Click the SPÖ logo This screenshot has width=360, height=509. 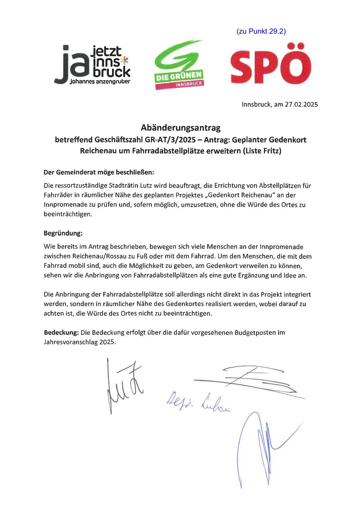[x=271, y=64]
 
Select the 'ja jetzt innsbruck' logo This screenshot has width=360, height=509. [x=92, y=65]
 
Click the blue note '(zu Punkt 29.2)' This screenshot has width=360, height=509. [x=261, y=32]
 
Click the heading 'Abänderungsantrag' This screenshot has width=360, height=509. [x=181, y=127]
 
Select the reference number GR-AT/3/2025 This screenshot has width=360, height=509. [x=170, y=140]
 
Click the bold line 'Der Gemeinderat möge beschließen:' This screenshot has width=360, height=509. [x=99, y=172]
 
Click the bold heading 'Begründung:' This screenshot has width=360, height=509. [x=63, y=233]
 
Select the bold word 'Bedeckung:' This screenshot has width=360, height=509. [x=61, y=333]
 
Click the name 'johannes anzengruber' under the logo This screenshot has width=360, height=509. [x=100, y=82]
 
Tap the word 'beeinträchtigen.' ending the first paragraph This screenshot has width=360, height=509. [x=68, y=214]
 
